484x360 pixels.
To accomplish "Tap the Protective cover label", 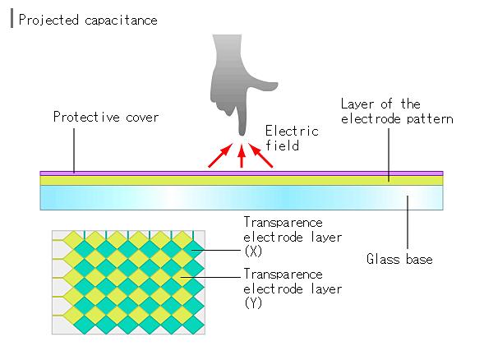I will coord(106,117).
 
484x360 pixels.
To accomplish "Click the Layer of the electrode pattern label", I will coord(396,112).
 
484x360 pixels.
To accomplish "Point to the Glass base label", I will coord(399,260).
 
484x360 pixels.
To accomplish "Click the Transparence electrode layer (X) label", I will coord(283,235).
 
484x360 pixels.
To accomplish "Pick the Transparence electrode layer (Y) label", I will coord(283,288).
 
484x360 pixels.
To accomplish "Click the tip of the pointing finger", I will coord(241,132).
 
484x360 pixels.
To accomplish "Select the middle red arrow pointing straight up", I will coord(241,157).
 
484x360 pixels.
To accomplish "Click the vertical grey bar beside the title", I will coord(11,19).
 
